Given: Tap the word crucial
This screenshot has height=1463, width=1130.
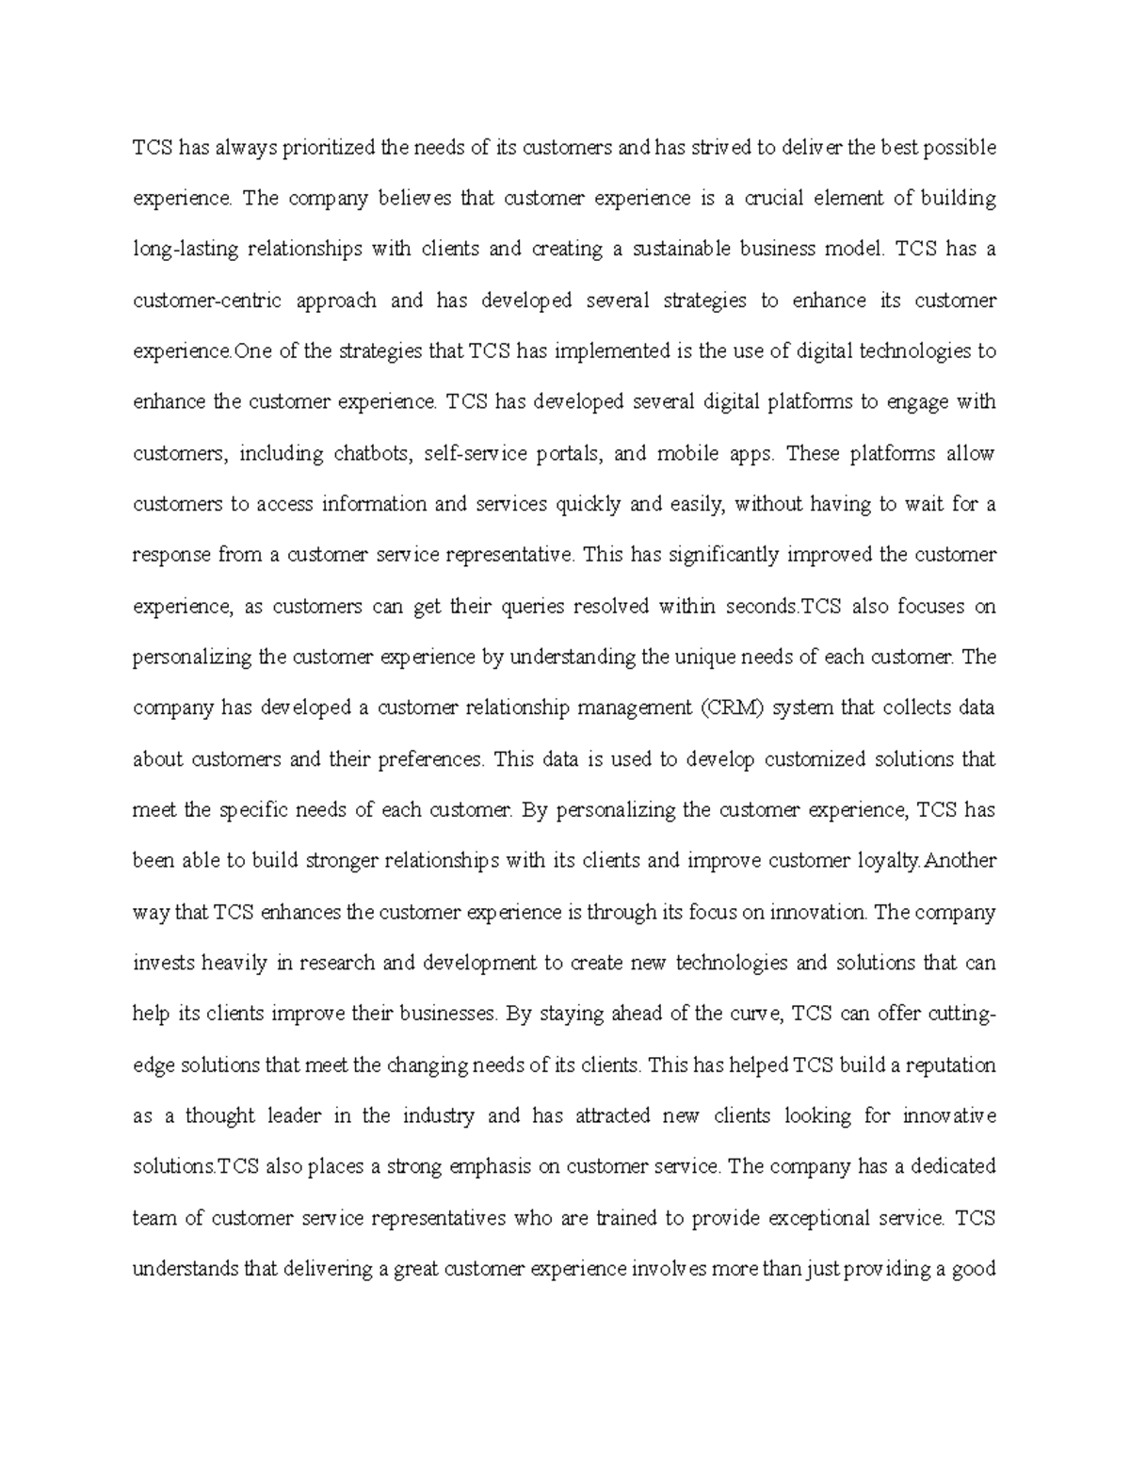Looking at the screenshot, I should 775,199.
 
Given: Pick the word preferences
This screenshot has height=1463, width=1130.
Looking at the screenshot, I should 430,758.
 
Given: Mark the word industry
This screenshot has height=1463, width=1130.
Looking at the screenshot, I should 438,1115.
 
